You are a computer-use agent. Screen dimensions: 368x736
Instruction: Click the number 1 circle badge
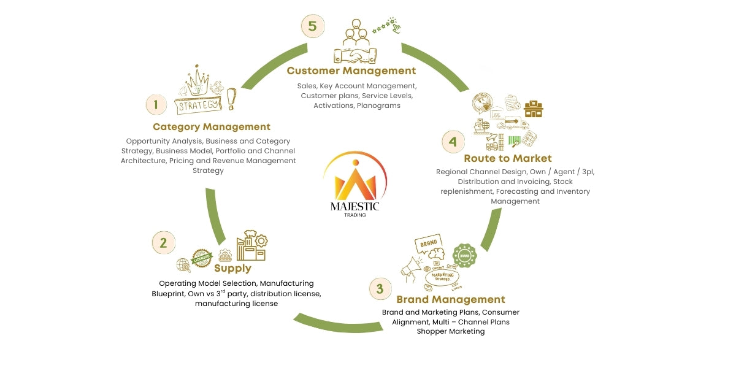point(156,104)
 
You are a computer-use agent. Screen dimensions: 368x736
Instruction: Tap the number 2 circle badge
point(163,243)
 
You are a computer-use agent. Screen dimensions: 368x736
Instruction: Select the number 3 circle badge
point(380,288)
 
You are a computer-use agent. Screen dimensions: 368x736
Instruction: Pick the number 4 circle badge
point(453,142)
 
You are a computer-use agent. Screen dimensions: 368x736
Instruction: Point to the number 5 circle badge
point(312,26)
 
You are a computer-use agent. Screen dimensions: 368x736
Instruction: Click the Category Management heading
point(212,127)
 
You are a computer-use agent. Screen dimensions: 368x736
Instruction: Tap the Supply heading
point(232,268)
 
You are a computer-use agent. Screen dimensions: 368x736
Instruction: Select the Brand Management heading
point(451,299)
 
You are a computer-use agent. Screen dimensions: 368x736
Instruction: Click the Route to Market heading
point(508,158)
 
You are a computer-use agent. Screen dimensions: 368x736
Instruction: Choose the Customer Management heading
point(351,71)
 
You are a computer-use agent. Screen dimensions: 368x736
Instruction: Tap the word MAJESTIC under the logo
point(355,207)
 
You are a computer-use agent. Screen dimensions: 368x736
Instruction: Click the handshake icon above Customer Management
point(356,55)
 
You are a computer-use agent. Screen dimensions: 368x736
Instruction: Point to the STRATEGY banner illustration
point(197,105)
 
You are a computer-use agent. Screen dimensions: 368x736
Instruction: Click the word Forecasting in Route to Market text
point(519,191)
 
